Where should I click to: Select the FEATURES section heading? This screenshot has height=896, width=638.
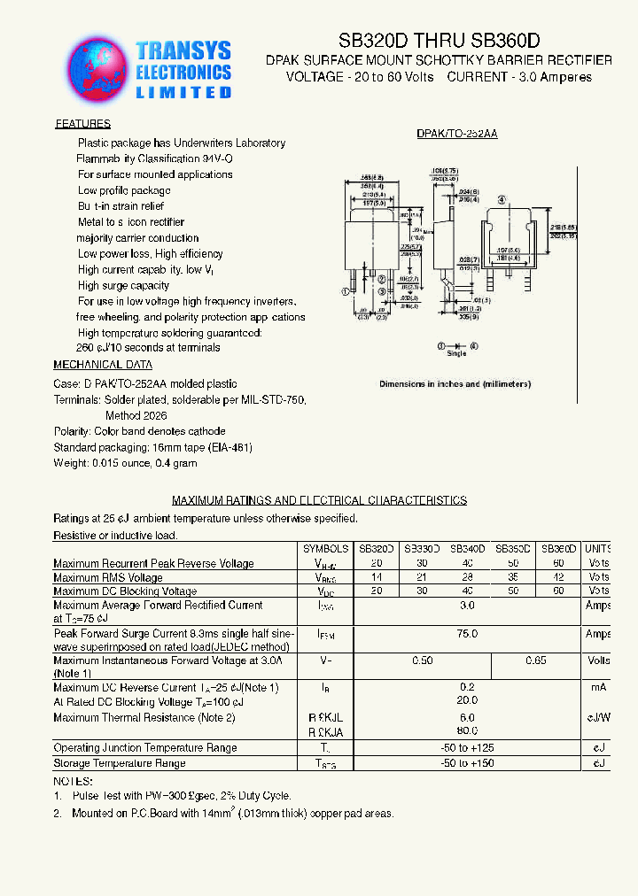[82, 124]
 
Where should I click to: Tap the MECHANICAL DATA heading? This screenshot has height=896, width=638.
[103, 365]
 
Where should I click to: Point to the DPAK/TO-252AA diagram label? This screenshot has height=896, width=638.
[456, 134]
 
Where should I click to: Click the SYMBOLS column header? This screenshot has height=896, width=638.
[325, 549]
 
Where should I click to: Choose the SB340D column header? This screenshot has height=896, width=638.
[467, 549]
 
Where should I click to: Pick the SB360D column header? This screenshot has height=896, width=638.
[559, 549]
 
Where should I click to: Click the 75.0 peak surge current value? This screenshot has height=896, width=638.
[467, 634]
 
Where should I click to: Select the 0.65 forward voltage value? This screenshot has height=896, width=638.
[536, 660]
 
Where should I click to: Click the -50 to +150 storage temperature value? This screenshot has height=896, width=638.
[467, 763]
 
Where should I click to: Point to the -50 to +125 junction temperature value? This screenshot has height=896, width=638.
[467, 748]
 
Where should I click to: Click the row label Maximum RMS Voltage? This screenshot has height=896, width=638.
[108, 577]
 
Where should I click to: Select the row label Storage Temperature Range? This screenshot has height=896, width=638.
[120, 763]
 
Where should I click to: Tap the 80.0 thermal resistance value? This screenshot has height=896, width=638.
[467, 731]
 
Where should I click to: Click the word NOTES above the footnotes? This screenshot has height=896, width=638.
[73, 782]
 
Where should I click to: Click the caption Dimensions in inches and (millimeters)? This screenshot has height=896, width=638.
[455, 384]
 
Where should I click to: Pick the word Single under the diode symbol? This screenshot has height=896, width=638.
[456, 353]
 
